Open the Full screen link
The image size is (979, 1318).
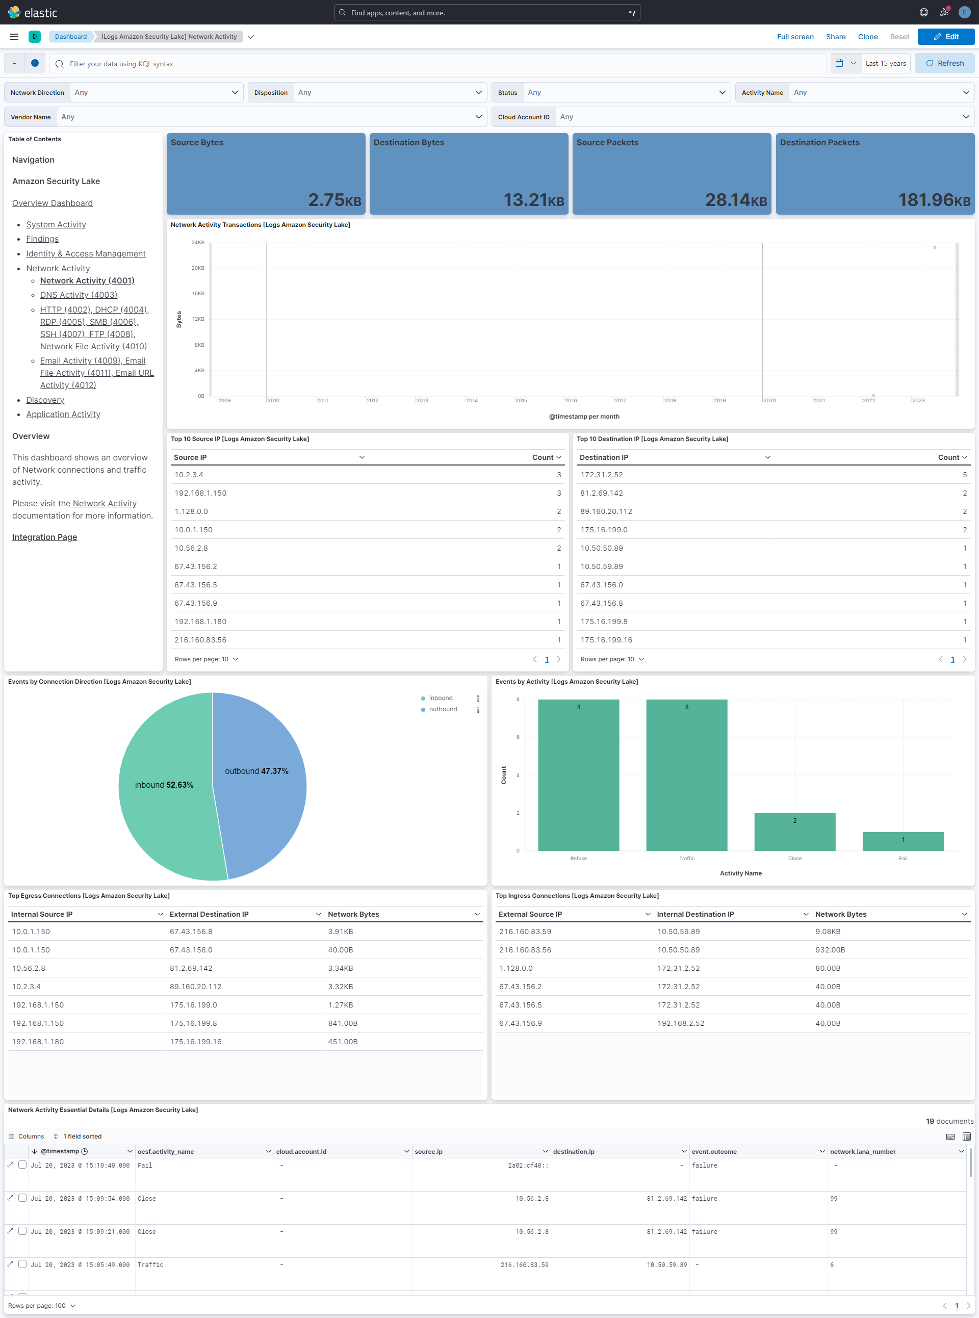coord(795,37)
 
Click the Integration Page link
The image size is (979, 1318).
coord(44,537)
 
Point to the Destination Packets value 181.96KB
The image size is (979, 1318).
coord(934,200)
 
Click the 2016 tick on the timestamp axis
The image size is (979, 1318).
coord(571,401)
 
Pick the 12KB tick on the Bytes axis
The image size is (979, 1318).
coord(198,319)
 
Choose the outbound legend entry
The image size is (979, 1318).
coord(442,709)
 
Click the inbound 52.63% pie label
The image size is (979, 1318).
coord(164,785)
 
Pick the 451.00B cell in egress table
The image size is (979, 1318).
coord(343,1042)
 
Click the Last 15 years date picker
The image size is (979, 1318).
coord(885,63)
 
